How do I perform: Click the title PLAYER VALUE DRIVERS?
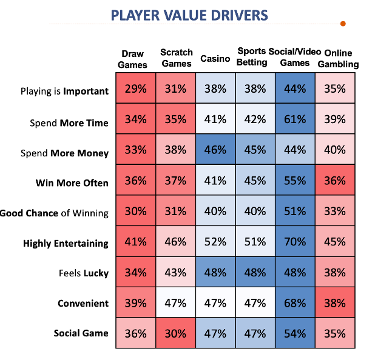tap(189, 14)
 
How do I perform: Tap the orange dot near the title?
tap(343, 24)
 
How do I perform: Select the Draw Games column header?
tap(134, 59)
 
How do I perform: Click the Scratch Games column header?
tap(176, 58)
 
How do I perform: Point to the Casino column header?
tap(215, 59)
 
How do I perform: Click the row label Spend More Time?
tap(69, 122)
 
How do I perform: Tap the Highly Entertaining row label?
tap(66, 243)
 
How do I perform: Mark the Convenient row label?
tap(83, 303)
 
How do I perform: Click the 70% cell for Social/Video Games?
tap(294, 242)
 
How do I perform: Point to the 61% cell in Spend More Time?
tap(294, 119)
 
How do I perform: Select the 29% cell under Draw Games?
tap(135, 89)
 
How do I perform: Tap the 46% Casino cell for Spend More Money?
tap(215, 150)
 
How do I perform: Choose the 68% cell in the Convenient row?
tap(294, 303)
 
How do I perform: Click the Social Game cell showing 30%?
tap(175, 333)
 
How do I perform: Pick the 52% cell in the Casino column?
tap(215, 242)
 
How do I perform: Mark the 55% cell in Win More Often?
tap(294, 181)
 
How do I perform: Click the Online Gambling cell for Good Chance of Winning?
tap(334, 212)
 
